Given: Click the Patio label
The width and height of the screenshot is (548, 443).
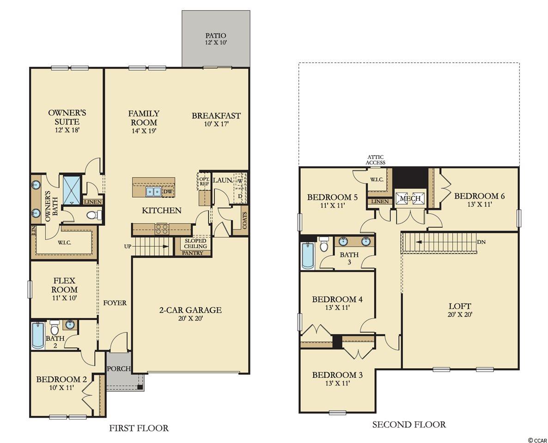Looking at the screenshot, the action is click(x=216, y=35).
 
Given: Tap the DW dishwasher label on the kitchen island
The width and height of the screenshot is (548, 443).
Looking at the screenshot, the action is click(x=168, y=191).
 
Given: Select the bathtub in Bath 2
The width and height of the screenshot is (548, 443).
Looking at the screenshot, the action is click(x=38, y=335).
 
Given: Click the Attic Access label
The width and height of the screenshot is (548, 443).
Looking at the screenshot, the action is click(x=376, y=160).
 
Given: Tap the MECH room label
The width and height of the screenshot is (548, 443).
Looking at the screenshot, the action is click(x=410, y=199).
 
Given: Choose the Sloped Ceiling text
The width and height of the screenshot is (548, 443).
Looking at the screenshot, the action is click(x=196, y=243).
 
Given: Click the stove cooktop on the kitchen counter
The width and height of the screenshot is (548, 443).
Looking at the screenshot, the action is click(x=162, y=229).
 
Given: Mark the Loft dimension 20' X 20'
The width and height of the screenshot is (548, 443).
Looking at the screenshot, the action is click(x=460, y=315).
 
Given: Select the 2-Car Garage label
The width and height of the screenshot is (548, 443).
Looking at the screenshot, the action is click(x=190, y=310).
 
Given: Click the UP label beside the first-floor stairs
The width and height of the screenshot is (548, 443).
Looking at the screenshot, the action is click(x=128, y=246).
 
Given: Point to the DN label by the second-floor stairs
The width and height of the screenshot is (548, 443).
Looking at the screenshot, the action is click(x=481, y=242).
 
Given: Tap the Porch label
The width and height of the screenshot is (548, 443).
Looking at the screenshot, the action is click(x=119, y=369).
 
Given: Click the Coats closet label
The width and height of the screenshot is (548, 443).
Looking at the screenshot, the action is click(x=244, y=220).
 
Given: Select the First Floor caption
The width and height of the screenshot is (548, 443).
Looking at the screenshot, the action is click(x=139, y=428).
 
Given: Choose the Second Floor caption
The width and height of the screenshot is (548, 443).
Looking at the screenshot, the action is click(x=409, y=425).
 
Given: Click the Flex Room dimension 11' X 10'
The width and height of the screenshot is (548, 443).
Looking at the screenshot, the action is click(x=64, y=298).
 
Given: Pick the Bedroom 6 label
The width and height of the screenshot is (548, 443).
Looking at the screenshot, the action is click(x=480, y=196).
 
